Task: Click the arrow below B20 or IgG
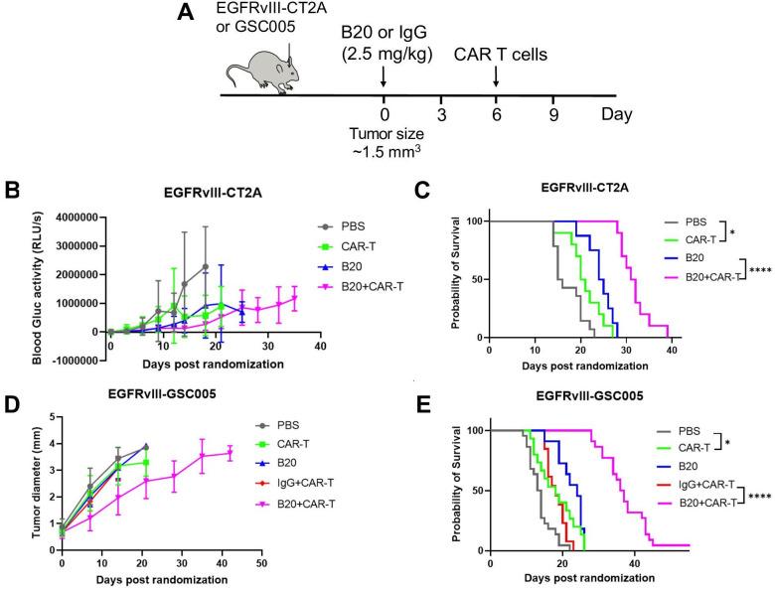(x=384, y=76)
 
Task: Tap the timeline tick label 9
(x=552, y=114)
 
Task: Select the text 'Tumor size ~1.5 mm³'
(x=384, y=145)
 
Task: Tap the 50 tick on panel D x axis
(x=259, y=563)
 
